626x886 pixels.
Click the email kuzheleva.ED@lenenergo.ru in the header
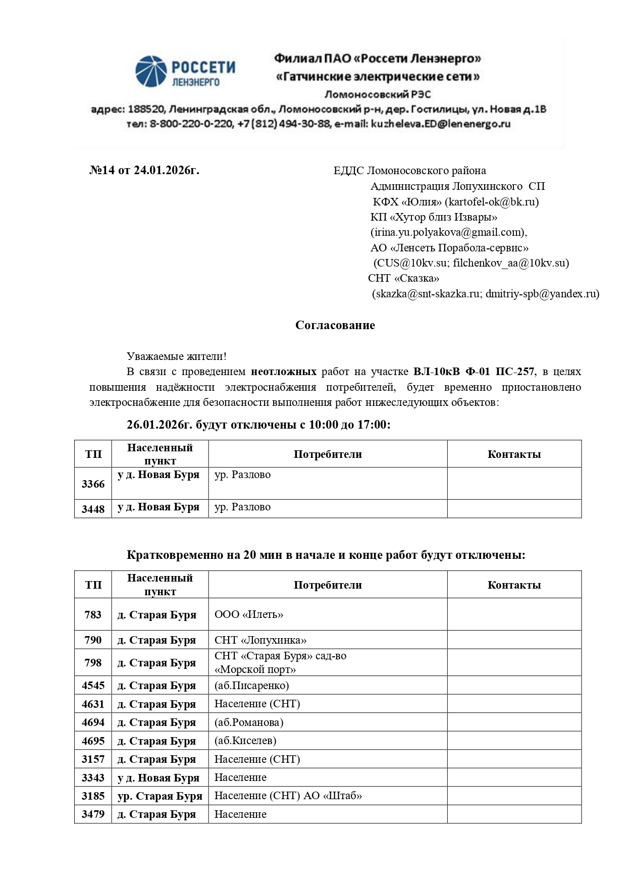point(440,124)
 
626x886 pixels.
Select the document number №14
point(102,171)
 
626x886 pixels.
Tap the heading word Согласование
point(335,325)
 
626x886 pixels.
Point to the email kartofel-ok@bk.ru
point(491,202)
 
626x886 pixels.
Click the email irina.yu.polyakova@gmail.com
point(447,232)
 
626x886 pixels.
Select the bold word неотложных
point(284,372)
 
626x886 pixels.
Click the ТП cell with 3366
point(93,484)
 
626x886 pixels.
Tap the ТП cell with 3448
point(93,509)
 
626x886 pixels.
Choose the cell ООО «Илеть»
point(249,615)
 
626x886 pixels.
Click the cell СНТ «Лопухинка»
point(260,640)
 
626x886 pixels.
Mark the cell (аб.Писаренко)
point(252,686)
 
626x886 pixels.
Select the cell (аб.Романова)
point(249,722)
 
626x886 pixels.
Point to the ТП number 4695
point(93,741)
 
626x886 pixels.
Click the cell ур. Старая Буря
point(160,796)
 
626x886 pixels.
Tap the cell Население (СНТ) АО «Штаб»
point(288,796)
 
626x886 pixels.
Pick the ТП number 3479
point(93,814)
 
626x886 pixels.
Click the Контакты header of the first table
point(514,454)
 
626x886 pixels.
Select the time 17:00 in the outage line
point(373,425)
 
